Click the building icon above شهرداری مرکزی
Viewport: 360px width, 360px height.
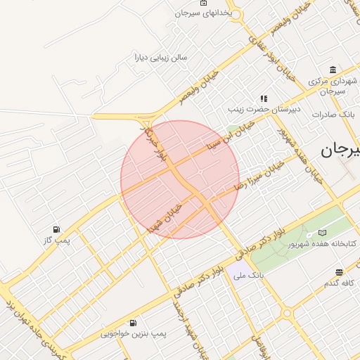[x=332, y=70]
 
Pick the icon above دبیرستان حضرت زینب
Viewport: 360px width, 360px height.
[x=264, y=99]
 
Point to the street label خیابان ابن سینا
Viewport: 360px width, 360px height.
[x=232, y=134]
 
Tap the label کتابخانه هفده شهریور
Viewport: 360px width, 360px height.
[x=323, y=244]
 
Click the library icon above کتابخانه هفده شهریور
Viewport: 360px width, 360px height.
[x=323, y=233]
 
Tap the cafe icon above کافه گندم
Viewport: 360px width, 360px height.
[x=339, y=272]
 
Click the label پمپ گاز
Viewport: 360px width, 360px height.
[x=56, y=240]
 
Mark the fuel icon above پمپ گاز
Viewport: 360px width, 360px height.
[x=56, y=229]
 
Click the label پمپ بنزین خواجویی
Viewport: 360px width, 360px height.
[x=134, y=334]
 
